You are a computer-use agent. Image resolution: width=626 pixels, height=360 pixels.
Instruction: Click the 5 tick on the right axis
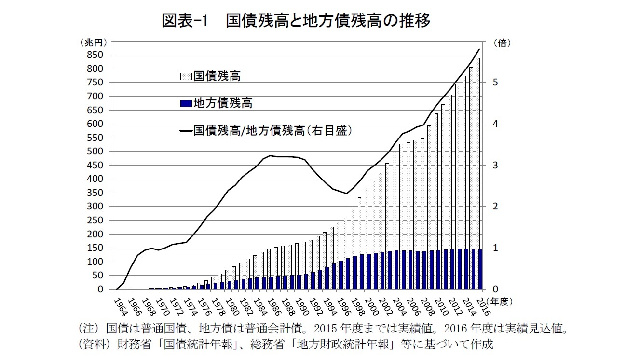pos(495,83)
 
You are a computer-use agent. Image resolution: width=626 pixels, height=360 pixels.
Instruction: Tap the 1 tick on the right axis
pos(495,248)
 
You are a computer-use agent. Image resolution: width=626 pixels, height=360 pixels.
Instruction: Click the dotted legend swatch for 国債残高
pos(186,76)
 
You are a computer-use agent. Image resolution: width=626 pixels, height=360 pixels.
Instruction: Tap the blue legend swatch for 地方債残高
pos(186,103)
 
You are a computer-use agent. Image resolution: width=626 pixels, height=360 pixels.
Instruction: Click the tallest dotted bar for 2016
pos(477,154)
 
